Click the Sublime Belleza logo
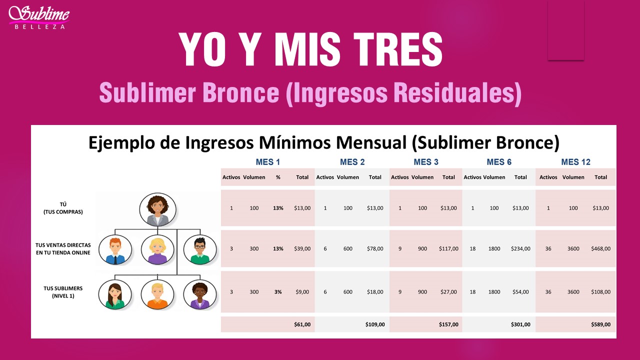[39, 17]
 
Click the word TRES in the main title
[398, 49]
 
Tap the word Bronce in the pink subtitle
[240, 92]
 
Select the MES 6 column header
[499, 162]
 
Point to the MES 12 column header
[575, 162]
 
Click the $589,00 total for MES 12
[600, 324]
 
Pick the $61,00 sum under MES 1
[302, 324]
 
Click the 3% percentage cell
[278, 291]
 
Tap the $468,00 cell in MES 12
[600, 248]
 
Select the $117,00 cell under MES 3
[448, 248]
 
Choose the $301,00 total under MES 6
[520, 324]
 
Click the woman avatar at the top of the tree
[157, 209]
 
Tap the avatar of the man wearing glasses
[200, 249]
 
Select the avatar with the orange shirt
[157, 294]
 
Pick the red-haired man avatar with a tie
[115, 249]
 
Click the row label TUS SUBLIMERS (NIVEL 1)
[63, 292]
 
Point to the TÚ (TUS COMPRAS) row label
[63, 208]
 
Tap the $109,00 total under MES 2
[375, 324]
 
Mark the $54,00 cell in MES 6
[520, 291]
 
